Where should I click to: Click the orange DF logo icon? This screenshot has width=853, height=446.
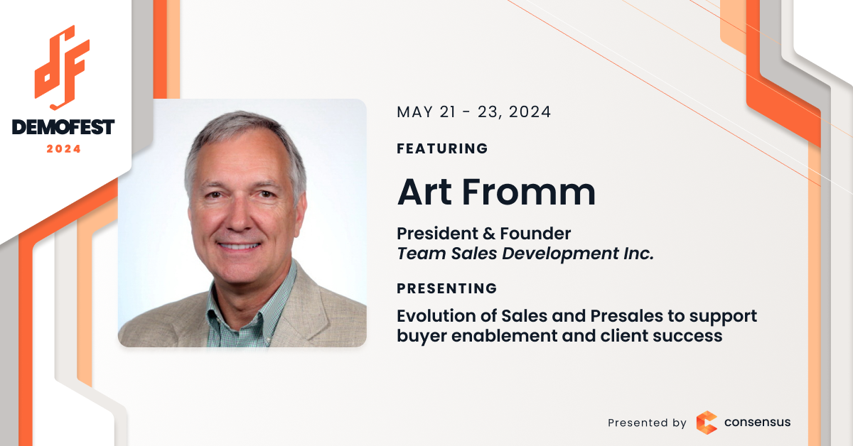[x=62, y=67]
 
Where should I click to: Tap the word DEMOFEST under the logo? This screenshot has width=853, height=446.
[x=63, y=127]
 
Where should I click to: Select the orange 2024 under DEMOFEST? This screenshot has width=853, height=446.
[x=63, y=149]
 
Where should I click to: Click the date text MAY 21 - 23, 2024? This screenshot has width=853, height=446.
[x=473, y=112]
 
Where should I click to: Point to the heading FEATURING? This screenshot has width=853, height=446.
[x=442, y=148]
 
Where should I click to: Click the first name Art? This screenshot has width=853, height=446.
[x=424, y=192]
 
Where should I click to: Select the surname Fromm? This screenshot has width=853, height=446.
[x=530, y=192]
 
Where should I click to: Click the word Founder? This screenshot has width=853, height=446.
[x=535, y=233]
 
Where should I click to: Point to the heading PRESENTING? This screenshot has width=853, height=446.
[x=446, y=288]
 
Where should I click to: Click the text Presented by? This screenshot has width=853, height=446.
[x=647, y=423]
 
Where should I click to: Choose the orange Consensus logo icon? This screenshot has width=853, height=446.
[x=707, y=423]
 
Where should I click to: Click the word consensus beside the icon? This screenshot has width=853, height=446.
[x=758, y=422]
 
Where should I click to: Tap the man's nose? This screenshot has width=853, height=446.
[x=239, y=219]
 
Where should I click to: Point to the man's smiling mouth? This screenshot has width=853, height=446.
[x=239, y=246]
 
